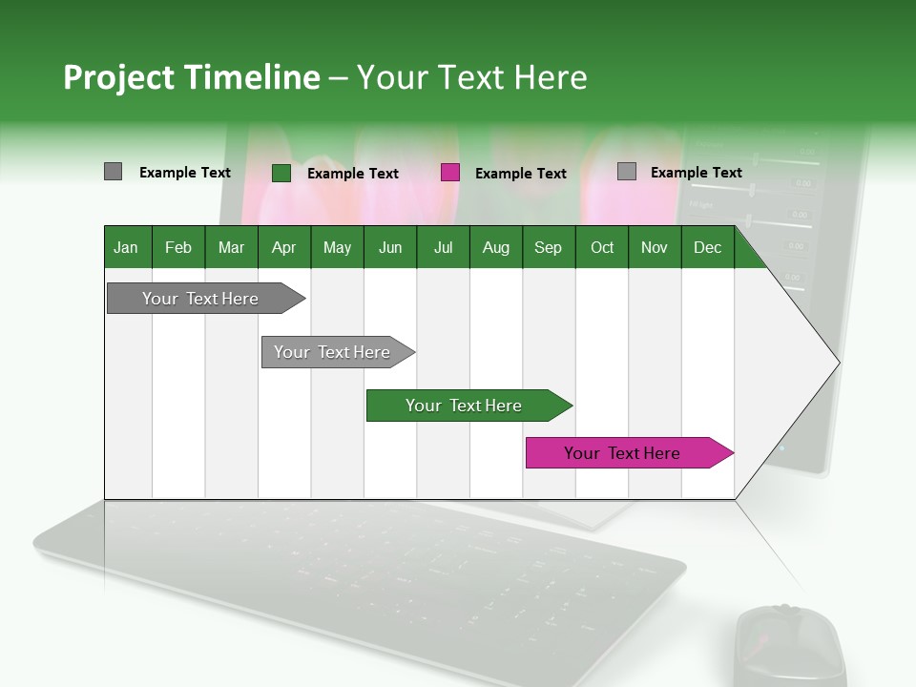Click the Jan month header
[126, 247]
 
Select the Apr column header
[283, 247]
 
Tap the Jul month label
[443, 247]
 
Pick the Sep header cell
[548, 247]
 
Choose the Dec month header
[707, 247]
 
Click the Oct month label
[602, 247]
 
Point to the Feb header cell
[178, 247]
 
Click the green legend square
[281, 173]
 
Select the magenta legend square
[450, 173]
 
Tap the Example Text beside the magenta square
[520, 174]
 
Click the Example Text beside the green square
[352, 174]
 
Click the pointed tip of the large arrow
[837, 362]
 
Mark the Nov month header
[655, 247]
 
